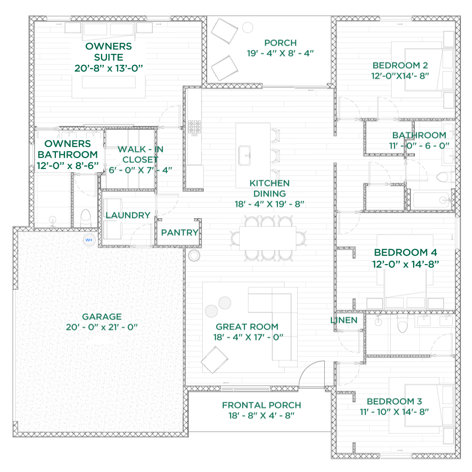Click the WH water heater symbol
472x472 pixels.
point(89,240)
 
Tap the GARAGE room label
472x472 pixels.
point(102,317)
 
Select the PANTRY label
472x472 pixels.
point(180,232)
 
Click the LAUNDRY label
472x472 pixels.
point(128,215)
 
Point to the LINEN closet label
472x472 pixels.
point(344,321)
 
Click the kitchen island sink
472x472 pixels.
point(244,155)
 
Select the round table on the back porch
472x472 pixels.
point(248,28)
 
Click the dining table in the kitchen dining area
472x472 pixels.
point(268,238)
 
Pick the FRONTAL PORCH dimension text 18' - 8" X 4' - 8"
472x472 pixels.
point(261,416)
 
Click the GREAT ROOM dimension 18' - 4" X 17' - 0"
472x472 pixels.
point(248,337)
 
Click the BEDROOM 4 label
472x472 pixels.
point(406,252)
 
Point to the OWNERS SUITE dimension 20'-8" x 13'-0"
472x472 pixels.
point(109,68)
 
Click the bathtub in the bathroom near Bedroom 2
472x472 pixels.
point(432,200)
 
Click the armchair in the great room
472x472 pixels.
point(214,360)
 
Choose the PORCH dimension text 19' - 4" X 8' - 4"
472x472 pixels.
point(280,53)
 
